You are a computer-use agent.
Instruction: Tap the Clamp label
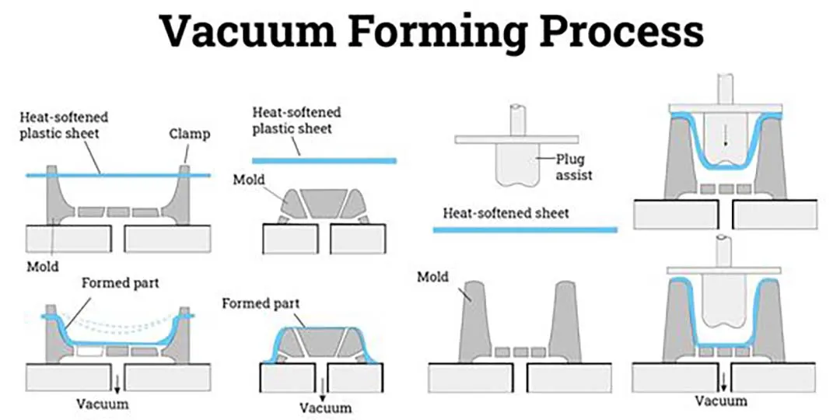[189, 134]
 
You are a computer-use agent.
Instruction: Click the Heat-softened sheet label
[506, 212]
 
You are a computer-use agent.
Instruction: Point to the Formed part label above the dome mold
[261, 303]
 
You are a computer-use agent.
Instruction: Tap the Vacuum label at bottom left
[103, 404]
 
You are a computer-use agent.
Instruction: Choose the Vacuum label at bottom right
[721, 401]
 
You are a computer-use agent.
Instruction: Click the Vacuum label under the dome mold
[325, 407]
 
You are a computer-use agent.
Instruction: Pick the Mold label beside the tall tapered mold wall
[432, 276]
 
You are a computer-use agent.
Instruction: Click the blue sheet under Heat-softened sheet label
[524, 229]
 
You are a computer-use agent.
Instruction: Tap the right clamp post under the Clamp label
[186, 191]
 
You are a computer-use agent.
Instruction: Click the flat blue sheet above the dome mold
[325, 160]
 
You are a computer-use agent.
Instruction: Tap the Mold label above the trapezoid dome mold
[249, 180]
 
